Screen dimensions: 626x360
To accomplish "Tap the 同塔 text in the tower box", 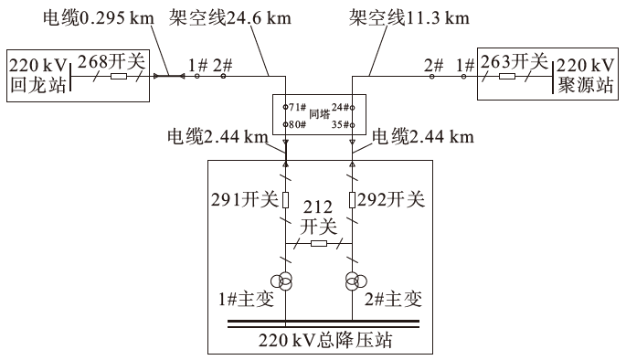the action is click(319, 115).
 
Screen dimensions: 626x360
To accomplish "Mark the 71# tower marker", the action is click(294, 107).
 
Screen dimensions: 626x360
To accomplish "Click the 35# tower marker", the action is click(342, 124).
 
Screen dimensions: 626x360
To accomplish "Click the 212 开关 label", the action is click(319, 217).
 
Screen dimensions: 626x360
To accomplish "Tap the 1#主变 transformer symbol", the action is click(286, 281).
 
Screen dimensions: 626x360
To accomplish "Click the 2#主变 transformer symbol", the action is click(353, 281).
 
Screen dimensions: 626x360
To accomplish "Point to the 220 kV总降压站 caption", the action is click(319, 342).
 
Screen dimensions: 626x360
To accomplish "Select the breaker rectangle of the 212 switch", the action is click(319, 244).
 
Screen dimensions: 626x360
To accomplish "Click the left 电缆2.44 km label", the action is click(217, 138).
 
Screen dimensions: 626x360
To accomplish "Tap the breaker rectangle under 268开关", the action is click(119, 77).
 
